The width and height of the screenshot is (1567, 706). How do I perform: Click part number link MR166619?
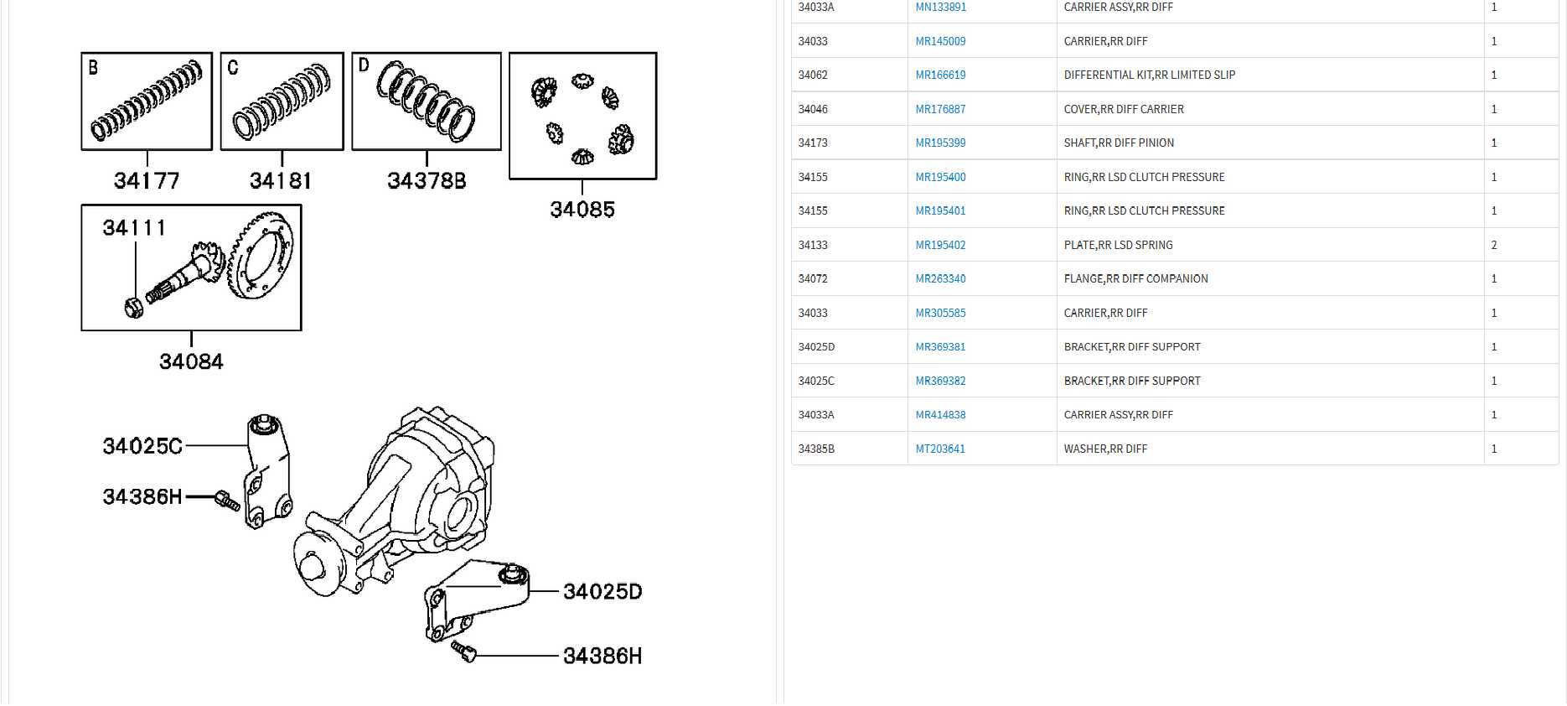[940, 75]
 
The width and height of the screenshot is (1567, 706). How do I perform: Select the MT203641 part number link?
[940, 449]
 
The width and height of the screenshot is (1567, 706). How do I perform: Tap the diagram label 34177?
[147, 180]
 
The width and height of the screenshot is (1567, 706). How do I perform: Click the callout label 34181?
[281, 180]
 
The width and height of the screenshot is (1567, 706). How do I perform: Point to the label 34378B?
[427, 180]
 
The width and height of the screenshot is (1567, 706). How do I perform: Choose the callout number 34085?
[582, 210]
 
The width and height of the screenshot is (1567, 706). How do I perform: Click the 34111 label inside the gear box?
[134, 228]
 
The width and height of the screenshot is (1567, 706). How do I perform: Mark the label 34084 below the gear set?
[191, 361]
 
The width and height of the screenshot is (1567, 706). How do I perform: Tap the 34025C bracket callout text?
[142, 446]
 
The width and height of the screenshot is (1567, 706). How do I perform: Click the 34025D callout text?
[602, 592]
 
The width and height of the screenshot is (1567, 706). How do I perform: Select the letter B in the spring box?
[93, 68]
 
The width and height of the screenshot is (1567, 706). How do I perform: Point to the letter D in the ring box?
[364, 65]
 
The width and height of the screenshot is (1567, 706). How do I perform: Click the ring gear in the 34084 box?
[261, 255]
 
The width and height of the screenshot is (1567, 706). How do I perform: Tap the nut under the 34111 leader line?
[133, 308]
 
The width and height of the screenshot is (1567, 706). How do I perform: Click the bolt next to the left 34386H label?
[227, 501]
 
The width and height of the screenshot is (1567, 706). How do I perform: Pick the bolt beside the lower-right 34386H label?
[463, 651]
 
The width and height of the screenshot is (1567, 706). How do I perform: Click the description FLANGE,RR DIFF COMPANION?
[1135, 278]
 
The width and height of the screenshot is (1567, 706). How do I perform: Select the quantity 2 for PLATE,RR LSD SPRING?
[1494, 245]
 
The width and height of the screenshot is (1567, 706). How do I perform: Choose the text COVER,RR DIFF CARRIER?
[1124, 109]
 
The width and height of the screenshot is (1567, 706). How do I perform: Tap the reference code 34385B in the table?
[816, 449]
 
